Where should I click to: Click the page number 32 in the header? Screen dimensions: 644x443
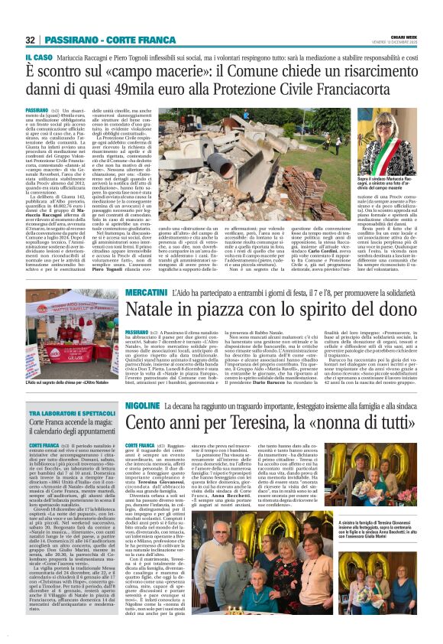[x=31, y=40]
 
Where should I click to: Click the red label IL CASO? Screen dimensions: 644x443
[x=37, y=56]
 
